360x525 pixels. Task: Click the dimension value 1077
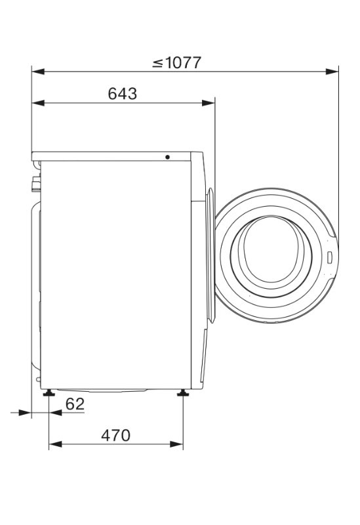184,62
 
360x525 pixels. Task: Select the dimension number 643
123,94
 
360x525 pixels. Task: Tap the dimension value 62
75,404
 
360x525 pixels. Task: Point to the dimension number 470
116,435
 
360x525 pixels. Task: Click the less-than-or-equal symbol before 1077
157,63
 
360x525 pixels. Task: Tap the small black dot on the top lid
167,157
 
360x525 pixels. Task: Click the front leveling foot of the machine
183,392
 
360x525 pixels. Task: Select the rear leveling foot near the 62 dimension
49,392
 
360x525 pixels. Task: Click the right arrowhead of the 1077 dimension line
332,72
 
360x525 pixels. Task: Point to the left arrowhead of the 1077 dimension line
38,72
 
